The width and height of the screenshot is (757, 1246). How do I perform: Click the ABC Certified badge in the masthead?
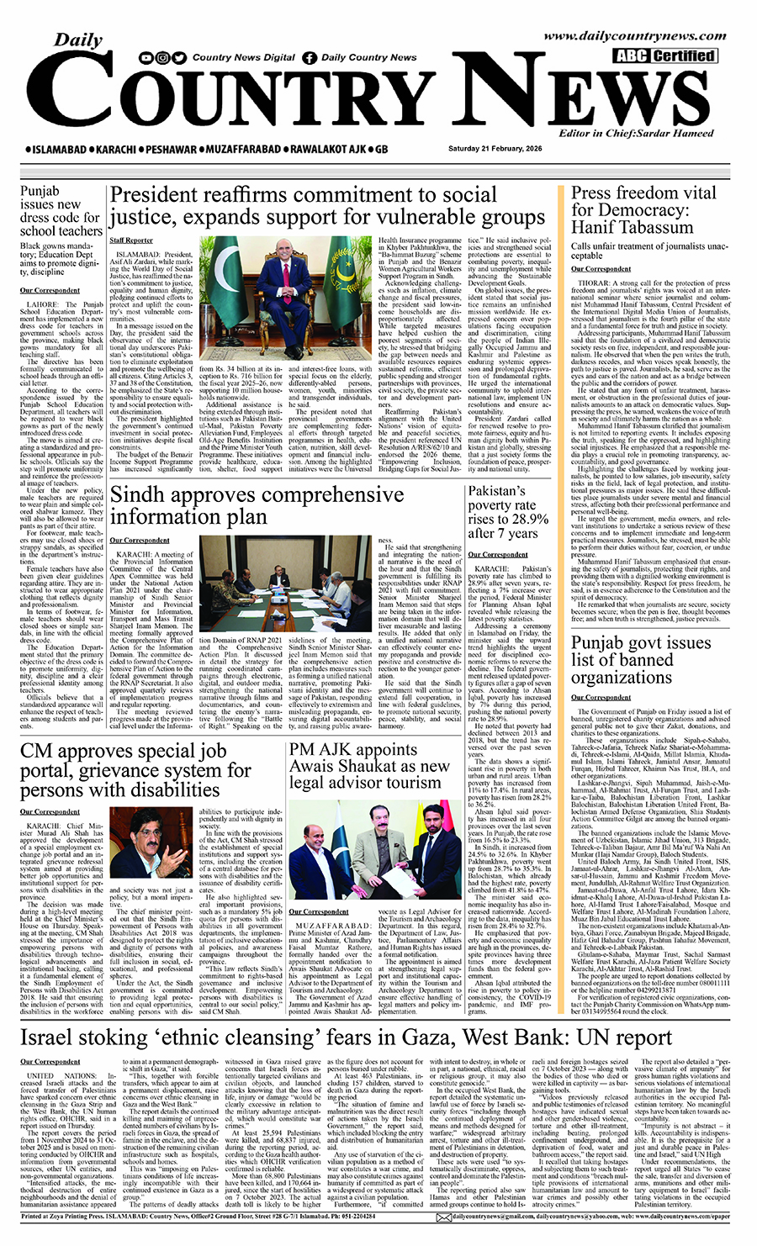pyautogui.click(x=665, y=56)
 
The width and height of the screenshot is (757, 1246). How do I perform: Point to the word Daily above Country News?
pyautogui.click(x=79, y=40)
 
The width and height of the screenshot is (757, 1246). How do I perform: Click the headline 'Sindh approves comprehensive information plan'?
pyautogui.click(x=257, y=505)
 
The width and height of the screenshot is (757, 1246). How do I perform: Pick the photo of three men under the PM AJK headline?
pyautogui.click(x=376, y=850)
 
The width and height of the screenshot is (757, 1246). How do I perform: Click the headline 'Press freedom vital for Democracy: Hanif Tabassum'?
pyautogui.click(x=643, y=210)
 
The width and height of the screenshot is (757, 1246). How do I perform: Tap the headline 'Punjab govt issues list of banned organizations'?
pyautogui.click(x=642, y=660)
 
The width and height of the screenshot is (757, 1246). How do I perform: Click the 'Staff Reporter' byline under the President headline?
pyautogui.click(x=131, y=240)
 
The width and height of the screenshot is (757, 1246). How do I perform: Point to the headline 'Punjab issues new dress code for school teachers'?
pyautogui.click(x=61, y=210)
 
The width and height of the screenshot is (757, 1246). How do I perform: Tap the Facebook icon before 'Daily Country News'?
pyautogui.click(x=310, y=58)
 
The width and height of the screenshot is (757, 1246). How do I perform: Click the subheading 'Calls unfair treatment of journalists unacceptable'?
pyautogui.click(x=648, y=251)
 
